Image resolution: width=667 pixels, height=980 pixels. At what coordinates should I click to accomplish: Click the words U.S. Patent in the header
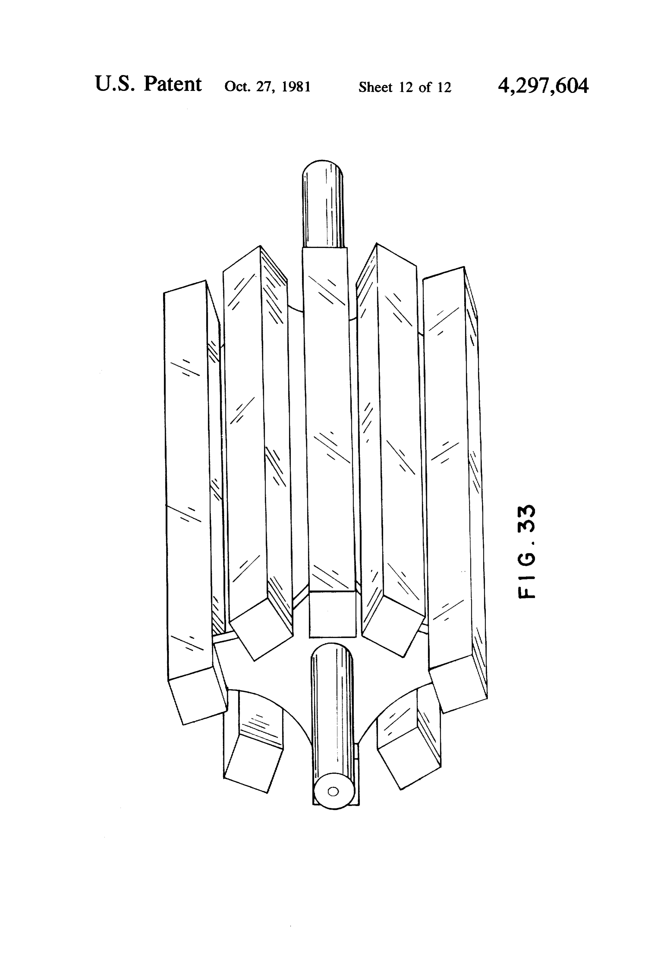pyautogui.click(x=148, y=84)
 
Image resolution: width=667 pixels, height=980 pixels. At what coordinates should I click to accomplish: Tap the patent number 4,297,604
pyautogui.click(x=543, y=86)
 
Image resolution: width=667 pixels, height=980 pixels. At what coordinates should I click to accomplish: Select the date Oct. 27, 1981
pyautogui.click(x=267, y=87)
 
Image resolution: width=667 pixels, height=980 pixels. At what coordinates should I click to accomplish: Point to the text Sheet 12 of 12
pyautogui.click(x=405, y=87)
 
